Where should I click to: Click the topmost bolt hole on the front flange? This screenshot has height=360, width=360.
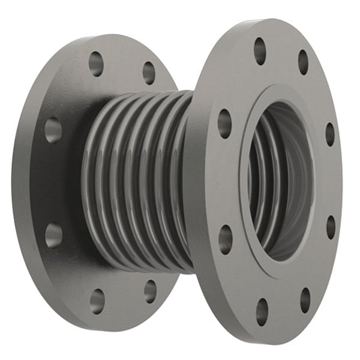[x=260, y=51]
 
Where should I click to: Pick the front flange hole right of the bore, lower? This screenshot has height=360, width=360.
[x=331, y=227]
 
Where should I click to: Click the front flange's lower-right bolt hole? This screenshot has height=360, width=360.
[x=305, y=299]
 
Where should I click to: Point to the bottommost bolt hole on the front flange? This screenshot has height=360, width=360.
[x=262, y=311]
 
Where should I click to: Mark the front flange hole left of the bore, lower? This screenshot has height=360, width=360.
[x=226, y=239]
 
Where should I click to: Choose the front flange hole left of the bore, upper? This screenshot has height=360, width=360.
[x=225, y=123]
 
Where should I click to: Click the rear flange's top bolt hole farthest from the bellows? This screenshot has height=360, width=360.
[x=96, y=63]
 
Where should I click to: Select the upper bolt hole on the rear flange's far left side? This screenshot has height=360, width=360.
[x=53, y=130]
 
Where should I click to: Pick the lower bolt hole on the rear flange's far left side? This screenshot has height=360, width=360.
[x=53, y=235]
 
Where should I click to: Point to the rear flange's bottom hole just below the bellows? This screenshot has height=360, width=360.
[x=150, y=291]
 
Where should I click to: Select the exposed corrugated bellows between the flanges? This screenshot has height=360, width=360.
[x=138, y=180]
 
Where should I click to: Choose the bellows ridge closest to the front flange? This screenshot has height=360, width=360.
[x=180, y=180]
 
